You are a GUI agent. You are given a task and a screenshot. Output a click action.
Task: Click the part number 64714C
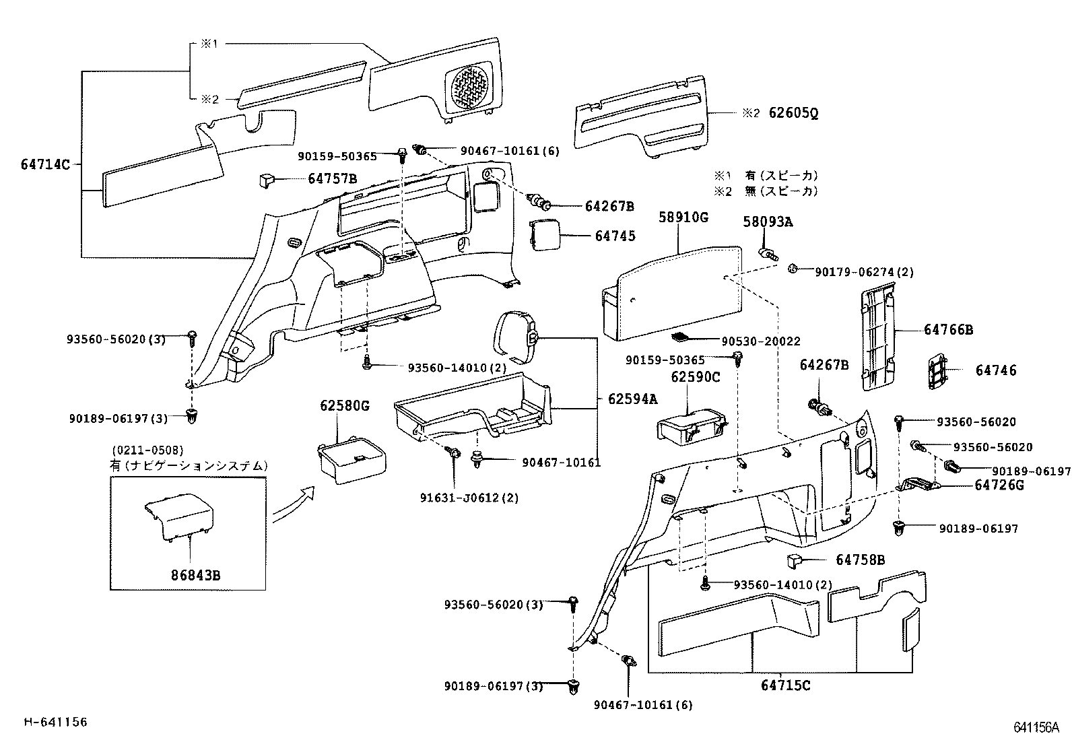click(x=45, y=164)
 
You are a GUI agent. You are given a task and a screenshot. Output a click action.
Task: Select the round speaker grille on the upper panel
click(x=469, y=85)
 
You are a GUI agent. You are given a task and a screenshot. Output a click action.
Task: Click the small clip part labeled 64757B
click(x=266, y=179)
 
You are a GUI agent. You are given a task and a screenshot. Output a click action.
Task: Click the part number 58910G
click(x=683, y=217)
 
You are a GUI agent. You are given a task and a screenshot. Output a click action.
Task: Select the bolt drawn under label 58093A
click(x=768, y=254)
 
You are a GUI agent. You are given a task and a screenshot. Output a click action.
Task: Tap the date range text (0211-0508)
click(x=147, y=450)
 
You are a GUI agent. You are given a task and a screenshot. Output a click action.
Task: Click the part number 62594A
click(x=632, y=399)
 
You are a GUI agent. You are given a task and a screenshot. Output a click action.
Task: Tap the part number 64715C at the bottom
click(x=786, y=685)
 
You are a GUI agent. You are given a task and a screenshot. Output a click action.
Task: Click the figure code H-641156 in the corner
click(x=56, y=722)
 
